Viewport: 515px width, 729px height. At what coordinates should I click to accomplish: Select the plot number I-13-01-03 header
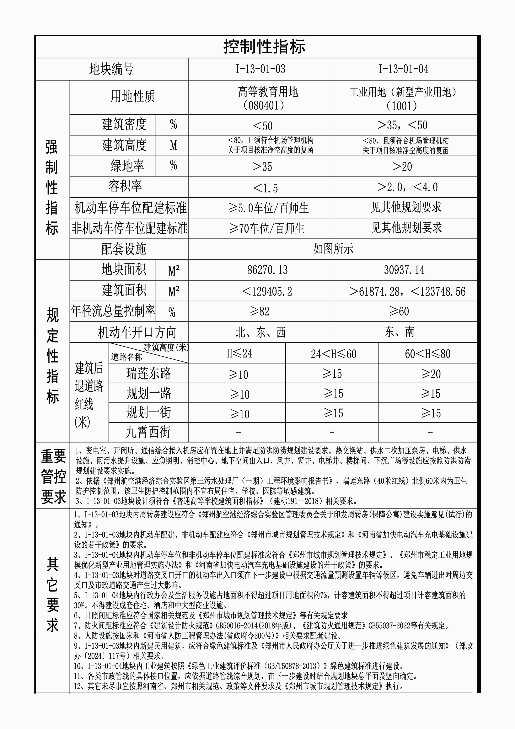click(260, 69)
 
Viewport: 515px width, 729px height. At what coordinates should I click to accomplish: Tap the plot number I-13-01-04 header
click(403, 69)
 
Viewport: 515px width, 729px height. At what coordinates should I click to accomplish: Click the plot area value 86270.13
click(267, 270)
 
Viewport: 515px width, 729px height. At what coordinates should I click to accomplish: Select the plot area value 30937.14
click(404, 270)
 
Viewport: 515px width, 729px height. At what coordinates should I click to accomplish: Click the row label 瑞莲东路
click(149, 373)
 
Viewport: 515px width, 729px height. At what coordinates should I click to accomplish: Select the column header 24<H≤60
click(333, 354)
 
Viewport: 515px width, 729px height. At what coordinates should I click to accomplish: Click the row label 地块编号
click(111, 69)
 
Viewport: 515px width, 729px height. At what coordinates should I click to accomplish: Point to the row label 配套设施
click(124, 249)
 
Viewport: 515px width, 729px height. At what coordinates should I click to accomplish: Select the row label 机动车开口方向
click(137, 333)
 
